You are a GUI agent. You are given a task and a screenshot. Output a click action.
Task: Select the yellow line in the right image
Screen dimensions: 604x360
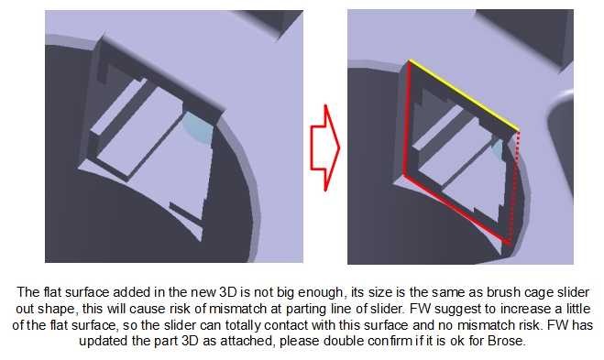coord(464,94)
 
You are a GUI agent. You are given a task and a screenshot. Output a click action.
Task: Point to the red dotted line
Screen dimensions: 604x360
coord(514,188)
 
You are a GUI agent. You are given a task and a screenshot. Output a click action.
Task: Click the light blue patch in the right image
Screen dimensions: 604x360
coord(498,149)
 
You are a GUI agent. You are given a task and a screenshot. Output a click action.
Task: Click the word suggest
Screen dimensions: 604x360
coord(456,310)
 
